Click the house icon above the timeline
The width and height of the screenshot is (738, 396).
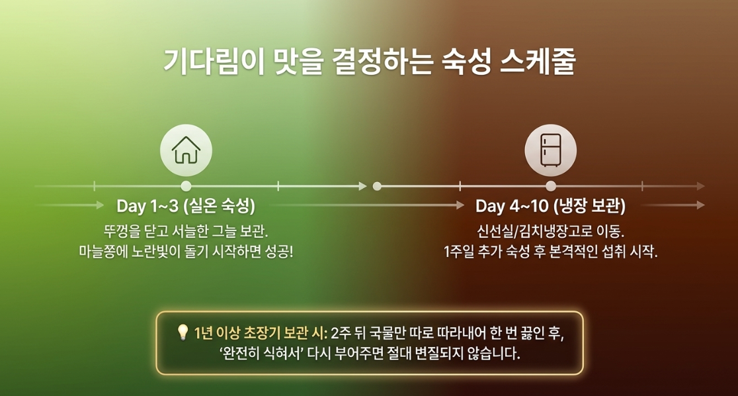(186, 150)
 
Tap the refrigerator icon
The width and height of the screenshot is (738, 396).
(551, 150)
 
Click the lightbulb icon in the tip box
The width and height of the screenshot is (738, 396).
(182, 333)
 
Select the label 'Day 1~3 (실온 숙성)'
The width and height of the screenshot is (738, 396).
(186, 206)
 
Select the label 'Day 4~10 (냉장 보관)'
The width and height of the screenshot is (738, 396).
(550, 206)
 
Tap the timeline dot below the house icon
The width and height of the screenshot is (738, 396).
(186, 186)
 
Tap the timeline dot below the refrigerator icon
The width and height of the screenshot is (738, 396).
(551, 186)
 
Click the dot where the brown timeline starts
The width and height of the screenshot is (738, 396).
(376, 186)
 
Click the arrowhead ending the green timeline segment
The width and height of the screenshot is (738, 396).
(363, 186)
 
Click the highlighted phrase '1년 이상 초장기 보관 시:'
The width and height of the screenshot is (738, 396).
(261, 333)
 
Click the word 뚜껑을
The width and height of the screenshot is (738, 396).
(119, 232)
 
